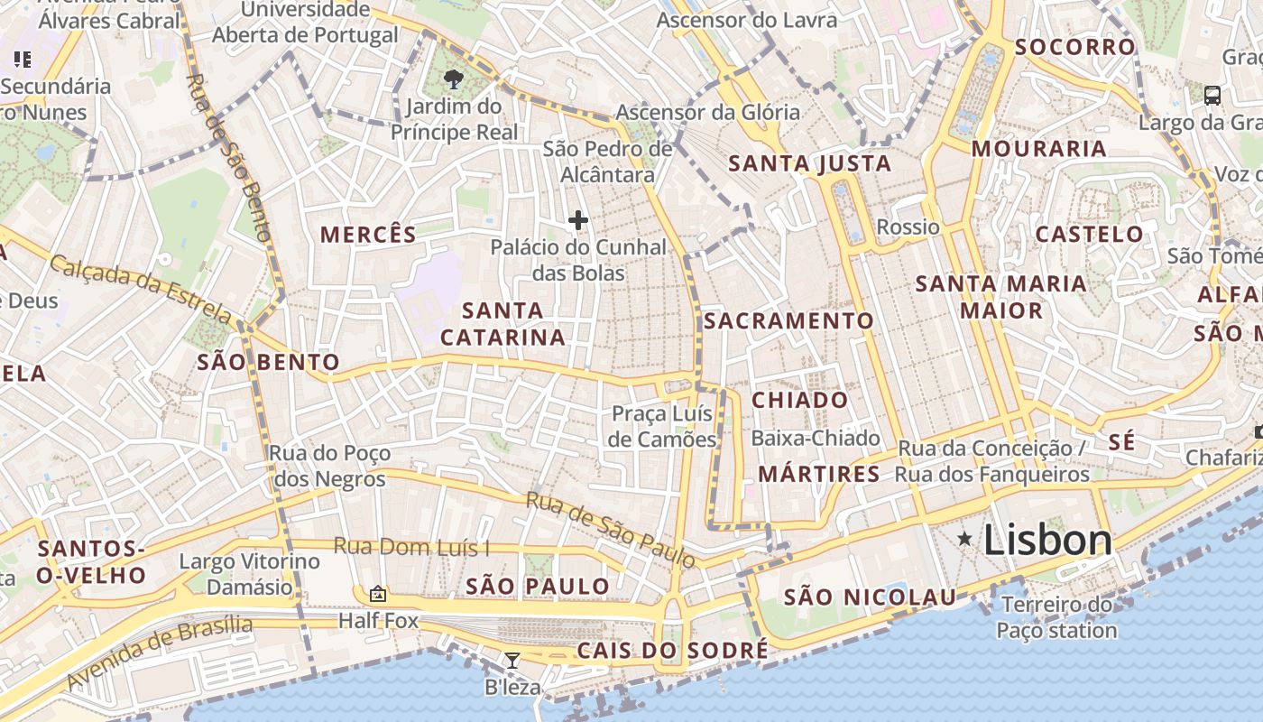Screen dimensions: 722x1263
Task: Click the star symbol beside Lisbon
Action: [x=965, y=540]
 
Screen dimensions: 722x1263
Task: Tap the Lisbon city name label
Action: [x=1047, y=541]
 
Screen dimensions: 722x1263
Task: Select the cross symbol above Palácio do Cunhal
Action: [x=578, y=219]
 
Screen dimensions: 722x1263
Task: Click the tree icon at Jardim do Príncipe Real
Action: [x=454, y=80]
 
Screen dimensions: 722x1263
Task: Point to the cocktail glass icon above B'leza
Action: [x=512, y=661]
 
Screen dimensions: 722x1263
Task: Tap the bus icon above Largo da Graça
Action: [x=1212, y=95]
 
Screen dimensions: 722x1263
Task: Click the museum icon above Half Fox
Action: [x=378, y=594]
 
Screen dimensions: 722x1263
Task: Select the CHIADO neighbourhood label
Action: [x=799, y=400]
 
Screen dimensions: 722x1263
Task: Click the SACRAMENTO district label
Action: [x=788, y=320]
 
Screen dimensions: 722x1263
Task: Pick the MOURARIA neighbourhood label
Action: [x=1038, y=149]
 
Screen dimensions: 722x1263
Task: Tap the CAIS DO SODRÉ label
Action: [x=672, y=650]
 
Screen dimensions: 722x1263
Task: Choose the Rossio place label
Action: [x=908, y=227]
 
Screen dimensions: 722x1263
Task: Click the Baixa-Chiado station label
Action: [x=816, y=439]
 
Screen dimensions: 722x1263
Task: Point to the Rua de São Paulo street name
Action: [x=611, y=530]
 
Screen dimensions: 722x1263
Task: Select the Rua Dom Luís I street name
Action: [x=411, y=546]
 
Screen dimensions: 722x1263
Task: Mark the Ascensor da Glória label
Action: [x=707, y=113]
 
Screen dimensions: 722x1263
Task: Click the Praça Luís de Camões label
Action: [x=662, y=426]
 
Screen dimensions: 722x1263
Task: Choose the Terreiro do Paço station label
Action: [x=1056, y=617]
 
